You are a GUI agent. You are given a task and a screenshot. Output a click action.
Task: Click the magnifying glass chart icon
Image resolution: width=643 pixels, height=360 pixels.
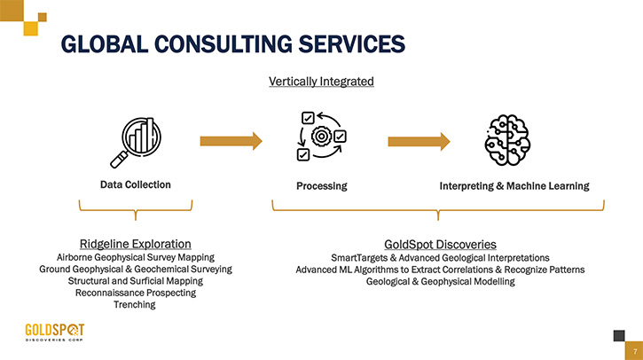pos(136,142)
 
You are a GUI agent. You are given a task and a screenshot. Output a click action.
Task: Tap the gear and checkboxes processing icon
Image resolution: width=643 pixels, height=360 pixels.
pos(321,136)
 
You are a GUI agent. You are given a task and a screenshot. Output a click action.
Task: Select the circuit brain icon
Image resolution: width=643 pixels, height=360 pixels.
pos(507,140)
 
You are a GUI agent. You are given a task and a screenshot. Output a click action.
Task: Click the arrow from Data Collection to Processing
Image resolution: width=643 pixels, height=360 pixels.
pos(231,141)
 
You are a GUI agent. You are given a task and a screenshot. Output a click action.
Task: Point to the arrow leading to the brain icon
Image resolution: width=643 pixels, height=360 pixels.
pos(419,142)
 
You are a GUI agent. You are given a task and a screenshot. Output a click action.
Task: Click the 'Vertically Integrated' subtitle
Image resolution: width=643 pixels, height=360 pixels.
pos(321,82)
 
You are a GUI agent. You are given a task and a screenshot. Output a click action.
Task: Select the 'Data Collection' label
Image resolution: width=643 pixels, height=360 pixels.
pos(136,184)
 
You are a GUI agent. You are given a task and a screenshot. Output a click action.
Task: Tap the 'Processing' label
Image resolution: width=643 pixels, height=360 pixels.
pos(321,186)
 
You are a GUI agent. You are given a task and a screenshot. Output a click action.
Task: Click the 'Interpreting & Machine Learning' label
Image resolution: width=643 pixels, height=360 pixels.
pos(514,186)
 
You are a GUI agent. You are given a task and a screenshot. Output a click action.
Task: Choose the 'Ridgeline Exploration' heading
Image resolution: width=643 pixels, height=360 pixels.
pos(136,244)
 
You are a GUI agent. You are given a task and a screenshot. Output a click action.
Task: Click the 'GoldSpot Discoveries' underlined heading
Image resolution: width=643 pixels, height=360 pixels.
pos(440,245)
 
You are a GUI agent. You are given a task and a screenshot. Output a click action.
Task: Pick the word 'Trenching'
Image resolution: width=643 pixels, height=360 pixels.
pos(135,305)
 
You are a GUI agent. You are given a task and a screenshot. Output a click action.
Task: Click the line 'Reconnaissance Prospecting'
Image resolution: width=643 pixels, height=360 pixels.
pos(136,293)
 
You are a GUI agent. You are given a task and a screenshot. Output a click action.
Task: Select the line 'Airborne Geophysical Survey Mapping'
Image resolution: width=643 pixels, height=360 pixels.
pos(136,257)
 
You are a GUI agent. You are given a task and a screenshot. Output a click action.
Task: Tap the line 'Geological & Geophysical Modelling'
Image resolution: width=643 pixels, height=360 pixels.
pos(441,281)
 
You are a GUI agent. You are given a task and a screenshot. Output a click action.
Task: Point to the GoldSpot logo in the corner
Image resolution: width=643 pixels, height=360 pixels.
pos(54,333)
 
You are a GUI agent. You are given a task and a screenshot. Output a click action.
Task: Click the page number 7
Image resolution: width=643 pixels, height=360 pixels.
pos(635,352)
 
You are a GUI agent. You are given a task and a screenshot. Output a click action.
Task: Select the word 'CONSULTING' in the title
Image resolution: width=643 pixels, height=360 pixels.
pos(223,43)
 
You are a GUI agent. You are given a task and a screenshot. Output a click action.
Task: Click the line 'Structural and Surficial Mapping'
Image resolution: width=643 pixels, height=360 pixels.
pos(136,281)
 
